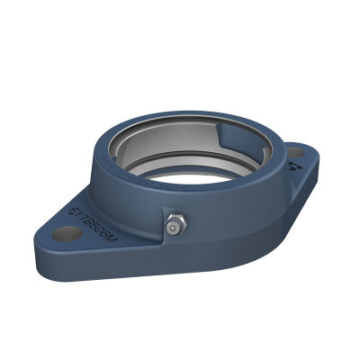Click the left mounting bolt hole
point(61,235)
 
